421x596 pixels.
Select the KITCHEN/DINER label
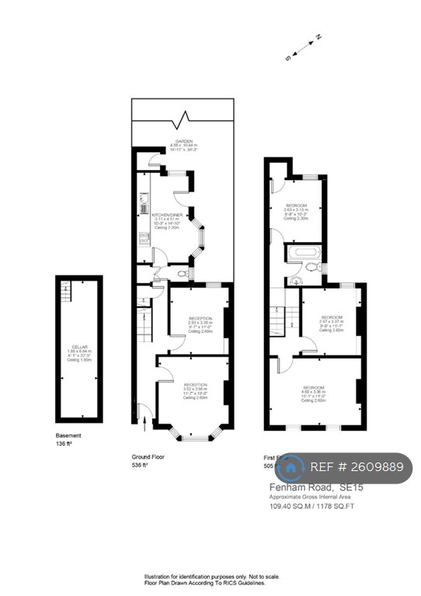[166, 213]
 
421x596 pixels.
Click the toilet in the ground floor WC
[182, 273]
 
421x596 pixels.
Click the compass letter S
[287, 57]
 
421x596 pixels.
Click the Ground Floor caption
[151, 457]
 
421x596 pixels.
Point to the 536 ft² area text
[140, 466]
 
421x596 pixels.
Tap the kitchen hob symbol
[144, 238]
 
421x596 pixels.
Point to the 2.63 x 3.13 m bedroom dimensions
[295, 210]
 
